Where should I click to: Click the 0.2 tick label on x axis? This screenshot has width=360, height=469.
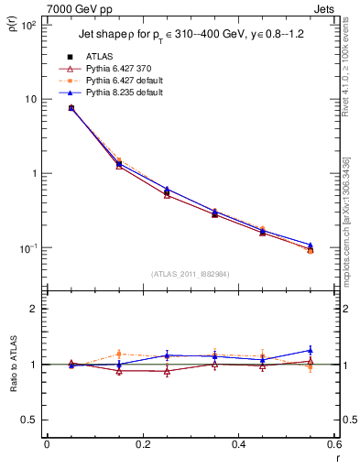tap(142, 444)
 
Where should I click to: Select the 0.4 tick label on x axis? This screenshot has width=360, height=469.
tap(238, 444)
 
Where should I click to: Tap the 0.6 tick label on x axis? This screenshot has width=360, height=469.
tap(333, 444)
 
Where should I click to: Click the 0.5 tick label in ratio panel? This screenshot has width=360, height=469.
tap(31, 420)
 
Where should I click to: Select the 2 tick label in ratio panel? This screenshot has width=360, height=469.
tap(35, 309)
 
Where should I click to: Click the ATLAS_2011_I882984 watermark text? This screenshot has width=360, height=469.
tap(190, 273)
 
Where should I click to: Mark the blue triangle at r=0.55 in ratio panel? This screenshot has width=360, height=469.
tap(311, 350)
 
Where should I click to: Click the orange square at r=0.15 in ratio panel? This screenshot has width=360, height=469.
tap(118, 354)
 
